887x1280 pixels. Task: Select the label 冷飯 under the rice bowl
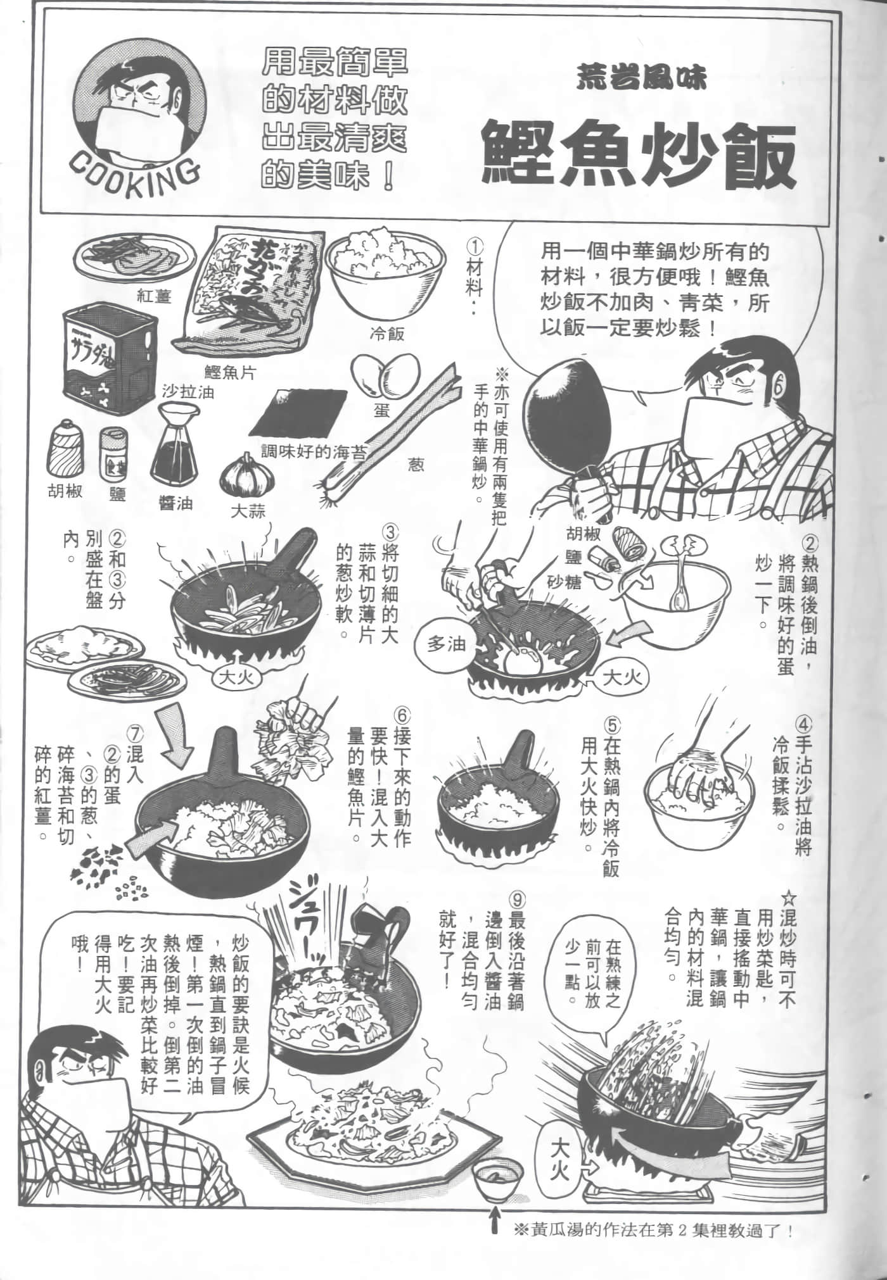click(x=386, y=334)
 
